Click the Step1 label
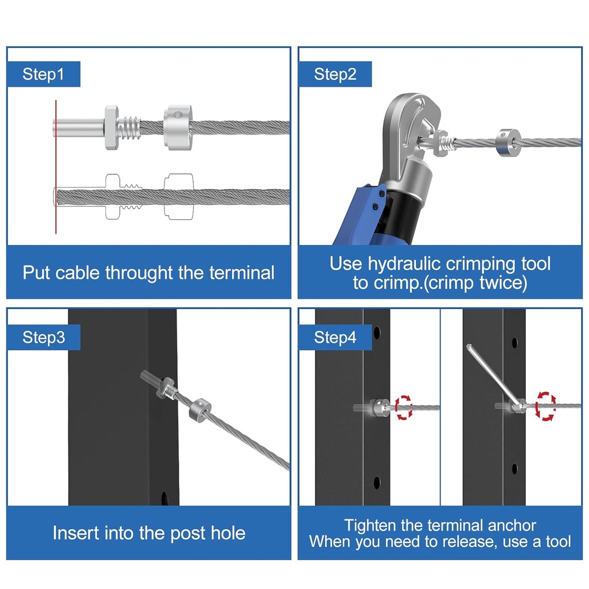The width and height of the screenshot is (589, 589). [43, 74]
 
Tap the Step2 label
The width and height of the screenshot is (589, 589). [335, 74]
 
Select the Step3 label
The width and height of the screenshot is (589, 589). [44, 337]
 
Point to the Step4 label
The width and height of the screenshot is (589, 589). [335, 337]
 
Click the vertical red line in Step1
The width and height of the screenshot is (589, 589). [56, 167]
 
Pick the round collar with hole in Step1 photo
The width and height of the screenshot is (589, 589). [178, 127]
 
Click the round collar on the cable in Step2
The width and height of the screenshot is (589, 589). [508, 143]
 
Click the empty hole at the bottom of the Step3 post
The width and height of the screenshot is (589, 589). [165, 498]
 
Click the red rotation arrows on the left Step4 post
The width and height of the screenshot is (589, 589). [403, 407]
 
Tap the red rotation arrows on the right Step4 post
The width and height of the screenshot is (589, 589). [545, 406]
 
